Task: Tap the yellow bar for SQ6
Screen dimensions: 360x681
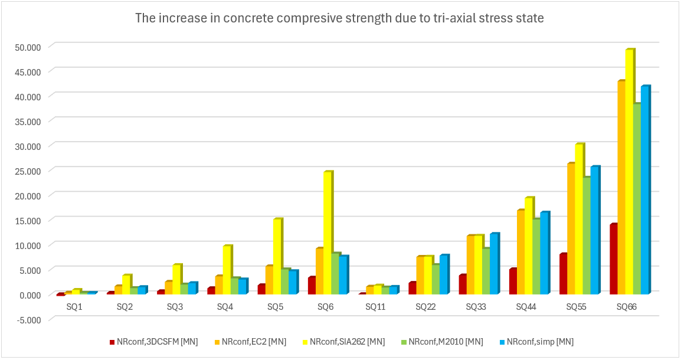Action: pos(328,233)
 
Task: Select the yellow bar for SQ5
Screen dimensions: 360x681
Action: pos(277,256)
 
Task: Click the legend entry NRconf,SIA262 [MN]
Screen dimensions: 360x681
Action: pos(347,341)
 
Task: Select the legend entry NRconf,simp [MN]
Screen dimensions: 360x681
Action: pos(540,341)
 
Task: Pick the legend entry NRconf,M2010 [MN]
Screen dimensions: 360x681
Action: pos(445,341)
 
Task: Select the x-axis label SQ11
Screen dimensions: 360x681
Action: pos(375,307)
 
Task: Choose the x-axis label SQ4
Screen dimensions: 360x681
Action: pos(225,307)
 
